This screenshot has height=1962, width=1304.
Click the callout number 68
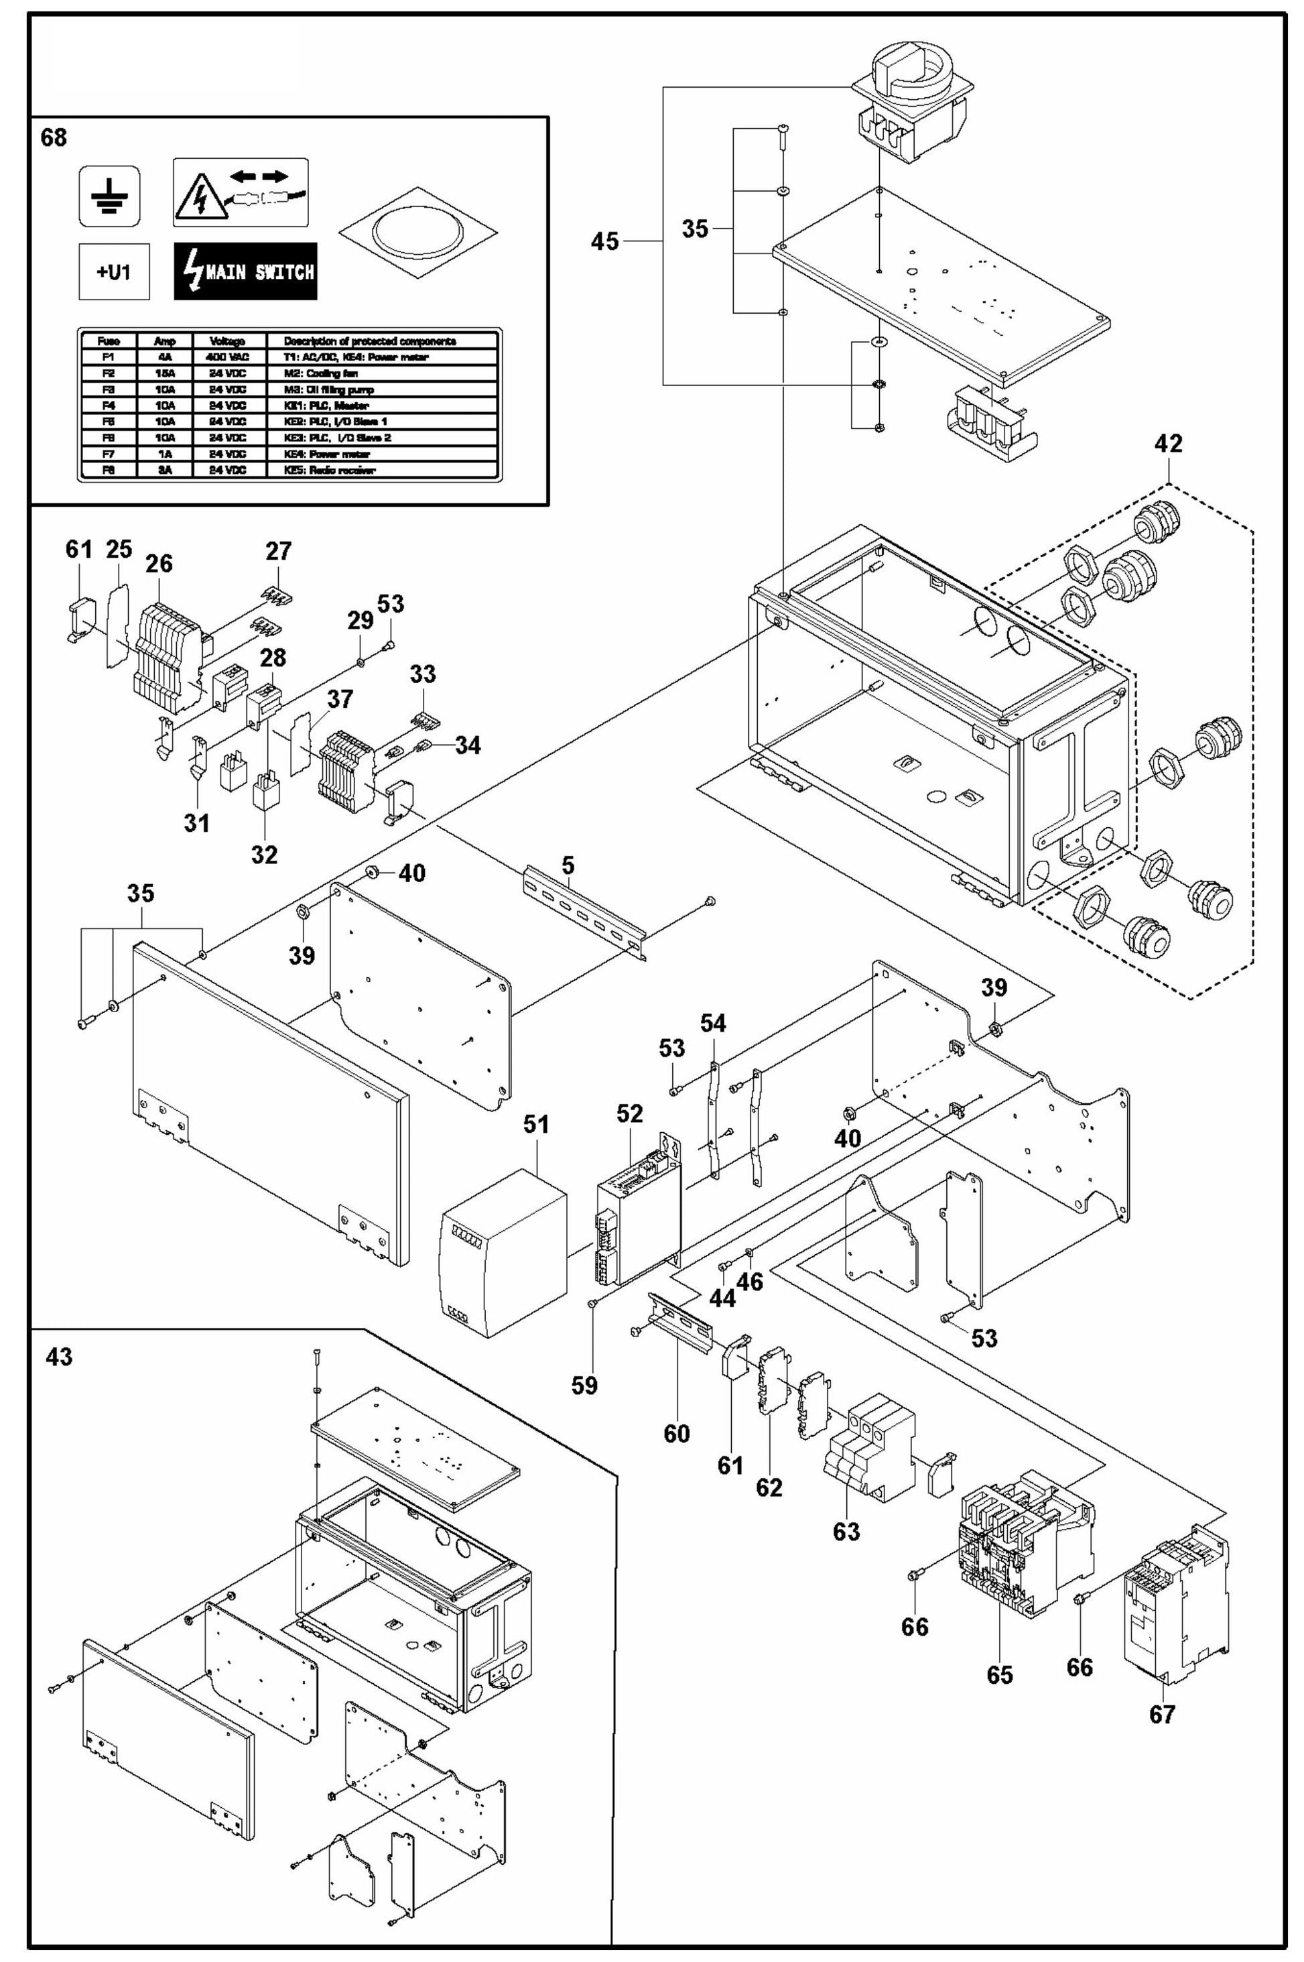tap(54, 137)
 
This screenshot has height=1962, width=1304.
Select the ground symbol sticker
tap(110, 196)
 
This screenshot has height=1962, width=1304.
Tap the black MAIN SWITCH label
tap(245, 271)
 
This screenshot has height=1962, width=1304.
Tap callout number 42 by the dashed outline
tap(1167, 443)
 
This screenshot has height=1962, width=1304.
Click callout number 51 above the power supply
tap(535, 1125)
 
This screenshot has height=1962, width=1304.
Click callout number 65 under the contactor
tap(1000, 1675)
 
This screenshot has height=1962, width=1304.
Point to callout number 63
tap(846, 1531)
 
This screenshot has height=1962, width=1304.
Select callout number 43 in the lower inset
tap(59, 1357)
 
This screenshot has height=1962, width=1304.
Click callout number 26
tap(159, 563)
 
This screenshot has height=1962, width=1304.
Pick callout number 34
tap(467, 745)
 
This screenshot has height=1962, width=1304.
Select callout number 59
tap(584, 1385)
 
